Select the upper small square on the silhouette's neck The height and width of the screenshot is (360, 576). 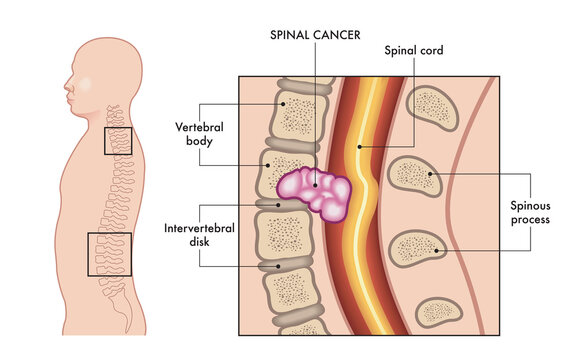118,141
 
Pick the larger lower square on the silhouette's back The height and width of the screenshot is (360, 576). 109,254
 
